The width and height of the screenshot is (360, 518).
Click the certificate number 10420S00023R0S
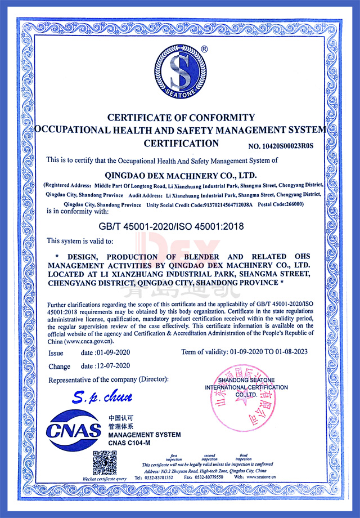tap(280, 146)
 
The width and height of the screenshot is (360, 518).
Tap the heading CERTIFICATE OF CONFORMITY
tap(181, 118)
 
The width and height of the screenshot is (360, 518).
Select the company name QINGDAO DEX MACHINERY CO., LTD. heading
tap(181, 174)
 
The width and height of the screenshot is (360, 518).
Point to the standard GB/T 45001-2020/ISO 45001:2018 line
tap(181, 226)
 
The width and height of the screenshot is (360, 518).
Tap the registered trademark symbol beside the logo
tap(204, 49)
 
